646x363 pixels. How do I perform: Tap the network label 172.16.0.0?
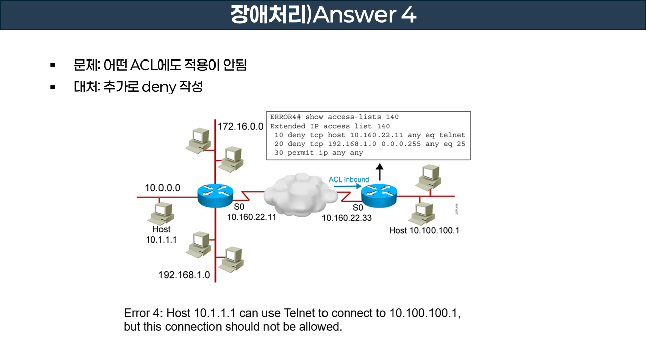tap(241, 126)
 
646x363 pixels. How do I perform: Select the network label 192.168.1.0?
tap(184, 275)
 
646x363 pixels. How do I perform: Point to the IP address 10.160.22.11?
tap(251, 218)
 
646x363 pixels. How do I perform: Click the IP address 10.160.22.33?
tap(348, 218)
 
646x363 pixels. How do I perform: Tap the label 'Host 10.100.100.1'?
tap(424, 230)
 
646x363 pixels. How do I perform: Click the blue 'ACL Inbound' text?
tap(349, 179)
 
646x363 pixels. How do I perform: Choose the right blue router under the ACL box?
tap(379, 195)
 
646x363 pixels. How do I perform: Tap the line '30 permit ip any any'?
tap(318, 153)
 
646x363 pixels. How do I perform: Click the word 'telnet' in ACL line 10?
tap(452, 135)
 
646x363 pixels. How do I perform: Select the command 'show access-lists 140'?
tap(352, 117)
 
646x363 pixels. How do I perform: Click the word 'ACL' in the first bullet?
tap(143, 65)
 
